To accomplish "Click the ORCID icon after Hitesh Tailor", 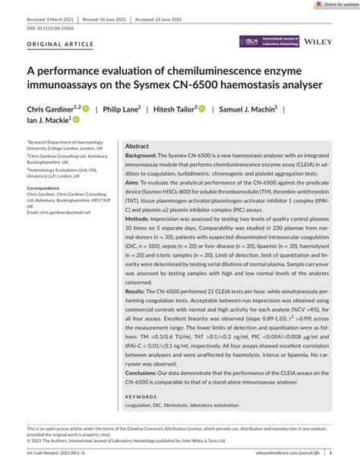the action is click(x=203, y=109).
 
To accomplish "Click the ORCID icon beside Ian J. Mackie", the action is click(x=76, y=120).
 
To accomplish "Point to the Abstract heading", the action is click(x=137, y=146).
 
